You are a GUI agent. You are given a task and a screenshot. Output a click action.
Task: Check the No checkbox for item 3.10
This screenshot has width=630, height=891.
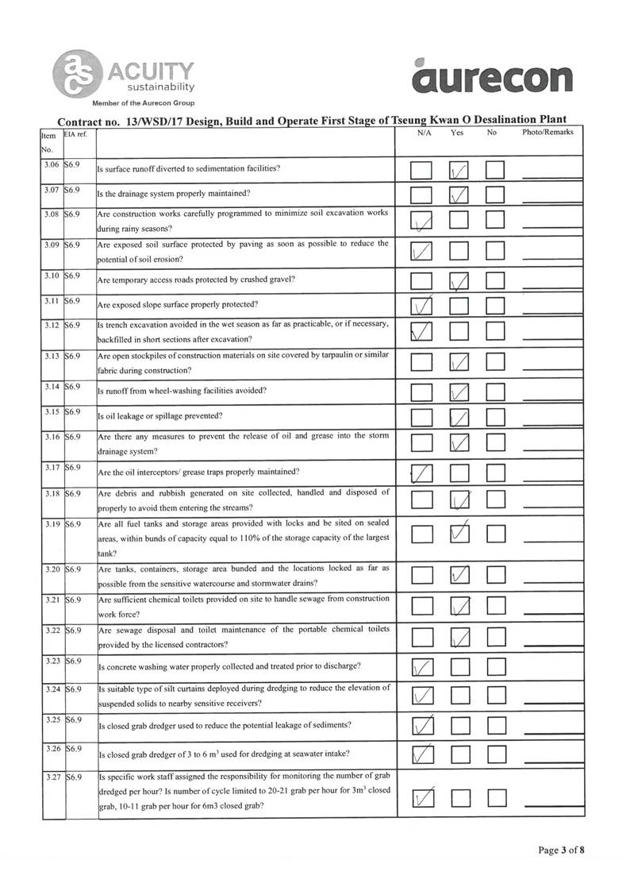495,280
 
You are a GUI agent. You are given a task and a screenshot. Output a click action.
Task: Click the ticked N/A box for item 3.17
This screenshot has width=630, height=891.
422,474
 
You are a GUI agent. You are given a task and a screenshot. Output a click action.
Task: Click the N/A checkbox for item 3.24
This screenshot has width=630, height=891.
422,696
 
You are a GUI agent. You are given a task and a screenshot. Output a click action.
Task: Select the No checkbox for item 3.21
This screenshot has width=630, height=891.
495,607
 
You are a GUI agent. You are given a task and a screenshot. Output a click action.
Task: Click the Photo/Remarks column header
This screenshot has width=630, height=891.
547,133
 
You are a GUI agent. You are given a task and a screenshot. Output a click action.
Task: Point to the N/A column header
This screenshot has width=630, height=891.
424,133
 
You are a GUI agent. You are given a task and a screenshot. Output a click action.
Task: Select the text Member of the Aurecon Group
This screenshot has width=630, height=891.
143,104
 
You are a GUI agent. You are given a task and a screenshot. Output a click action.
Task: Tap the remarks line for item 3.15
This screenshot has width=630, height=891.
547,419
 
